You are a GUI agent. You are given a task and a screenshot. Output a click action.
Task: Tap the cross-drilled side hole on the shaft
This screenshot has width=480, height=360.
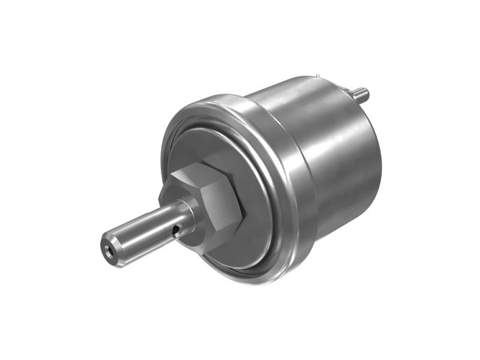click(175, 230)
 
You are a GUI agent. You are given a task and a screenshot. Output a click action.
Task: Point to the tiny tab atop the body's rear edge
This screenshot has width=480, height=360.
click(316, 77)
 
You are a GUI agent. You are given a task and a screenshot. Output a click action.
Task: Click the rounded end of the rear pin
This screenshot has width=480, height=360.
click(366, 94)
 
